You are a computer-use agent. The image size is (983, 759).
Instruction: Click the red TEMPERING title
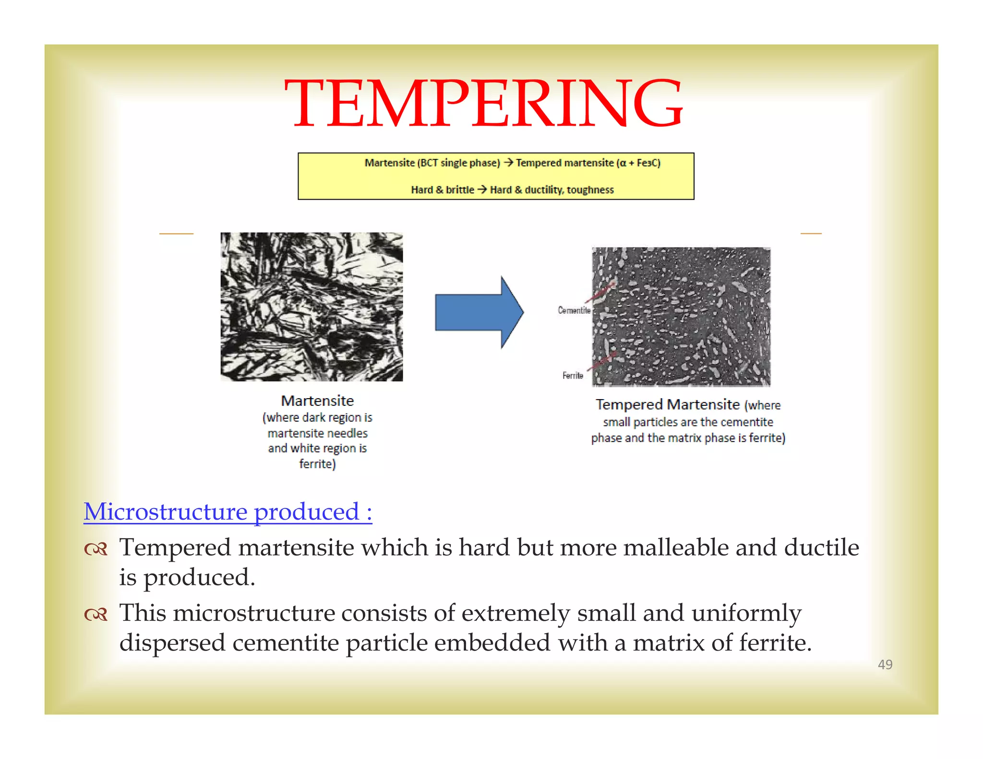[483, 104]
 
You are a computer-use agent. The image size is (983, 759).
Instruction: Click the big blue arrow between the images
[478, 312]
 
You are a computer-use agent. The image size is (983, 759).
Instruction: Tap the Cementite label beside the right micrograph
[574, 310]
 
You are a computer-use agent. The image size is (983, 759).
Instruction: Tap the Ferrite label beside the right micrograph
[572, 375]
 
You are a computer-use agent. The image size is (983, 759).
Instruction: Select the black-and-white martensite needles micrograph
[312, 307]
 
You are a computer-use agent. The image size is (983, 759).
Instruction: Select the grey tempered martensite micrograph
[681, 317]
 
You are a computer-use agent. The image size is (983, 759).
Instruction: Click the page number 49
[885, 664]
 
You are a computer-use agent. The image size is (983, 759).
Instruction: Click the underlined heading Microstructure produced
[228, 511]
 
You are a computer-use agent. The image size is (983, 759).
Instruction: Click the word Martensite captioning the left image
[317, 401]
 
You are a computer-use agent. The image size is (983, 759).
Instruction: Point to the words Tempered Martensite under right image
[667, 404]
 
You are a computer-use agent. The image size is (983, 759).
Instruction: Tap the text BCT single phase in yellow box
[458, 163]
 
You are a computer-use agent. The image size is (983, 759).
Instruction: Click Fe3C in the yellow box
[646, 163]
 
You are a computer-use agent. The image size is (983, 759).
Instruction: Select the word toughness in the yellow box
[590, 190]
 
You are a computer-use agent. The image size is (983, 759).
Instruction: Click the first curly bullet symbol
[96, 549]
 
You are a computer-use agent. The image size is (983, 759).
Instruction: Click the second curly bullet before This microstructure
[96, 614]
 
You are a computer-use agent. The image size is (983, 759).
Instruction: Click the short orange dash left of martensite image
[176, 234]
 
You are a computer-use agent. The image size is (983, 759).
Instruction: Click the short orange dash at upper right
[811, 234]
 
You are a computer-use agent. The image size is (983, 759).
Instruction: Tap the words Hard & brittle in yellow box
[442, 190]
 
